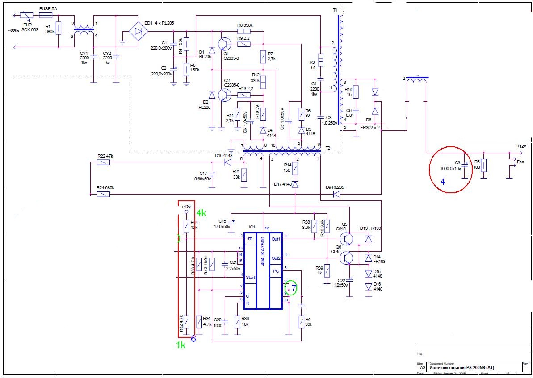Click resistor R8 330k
tap(242, 31)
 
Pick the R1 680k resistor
tap(59, 28)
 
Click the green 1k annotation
tap(180, 345)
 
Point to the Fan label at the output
tap(520, 162)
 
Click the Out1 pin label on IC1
tap(276, 239)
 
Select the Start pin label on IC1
tap(250, 277)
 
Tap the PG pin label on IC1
tap(276, 271)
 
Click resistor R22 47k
tap(104, 162)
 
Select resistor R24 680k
tap(104, 194)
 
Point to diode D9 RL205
tap(336, 194)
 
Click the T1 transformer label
tap(335, 9)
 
